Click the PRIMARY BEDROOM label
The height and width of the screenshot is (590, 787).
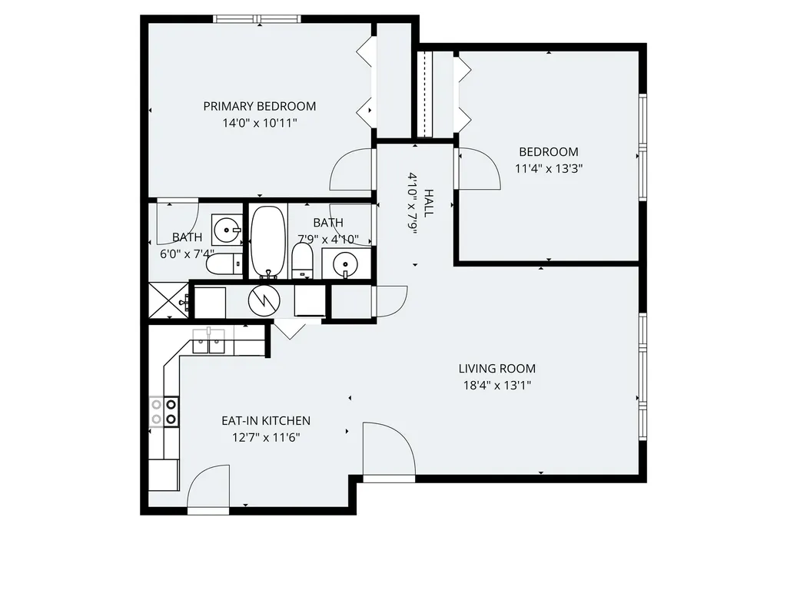(260, 106)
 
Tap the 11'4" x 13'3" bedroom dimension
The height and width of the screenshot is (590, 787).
(549, 168)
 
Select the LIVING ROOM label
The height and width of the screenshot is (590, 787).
(497, 369)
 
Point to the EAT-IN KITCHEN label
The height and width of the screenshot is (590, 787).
(266, 421)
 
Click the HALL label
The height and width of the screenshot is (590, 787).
(428, 203)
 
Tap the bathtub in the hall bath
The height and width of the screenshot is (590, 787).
(268, 242)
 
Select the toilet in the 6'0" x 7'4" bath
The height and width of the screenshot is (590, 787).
(224, 264)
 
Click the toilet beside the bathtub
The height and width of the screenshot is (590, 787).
(302, 260)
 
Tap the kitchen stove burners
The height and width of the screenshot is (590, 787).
(164, 412)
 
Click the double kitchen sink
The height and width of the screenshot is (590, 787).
(209, 340)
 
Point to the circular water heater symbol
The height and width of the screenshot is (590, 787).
(264, 300)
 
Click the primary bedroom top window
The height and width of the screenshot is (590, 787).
(257, 19)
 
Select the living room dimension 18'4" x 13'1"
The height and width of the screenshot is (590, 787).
(497, 386)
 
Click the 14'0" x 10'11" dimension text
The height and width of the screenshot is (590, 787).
(260, 123)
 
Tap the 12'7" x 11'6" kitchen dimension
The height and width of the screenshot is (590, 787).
(266, 437)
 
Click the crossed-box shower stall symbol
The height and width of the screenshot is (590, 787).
(168, 300)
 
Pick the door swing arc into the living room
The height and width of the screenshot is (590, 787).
(401, 436)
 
